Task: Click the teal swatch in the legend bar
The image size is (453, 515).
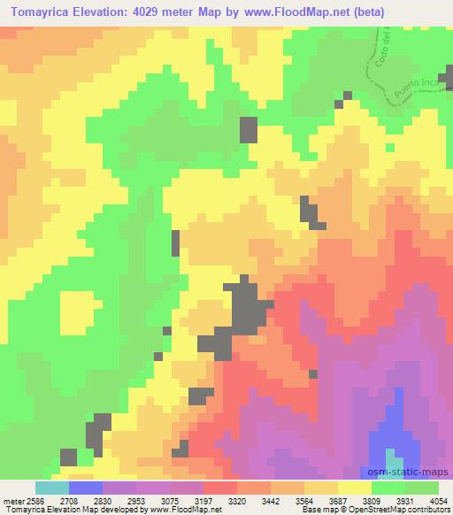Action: coord(52,488)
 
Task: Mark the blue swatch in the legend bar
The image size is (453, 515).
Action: coord(86,488)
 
